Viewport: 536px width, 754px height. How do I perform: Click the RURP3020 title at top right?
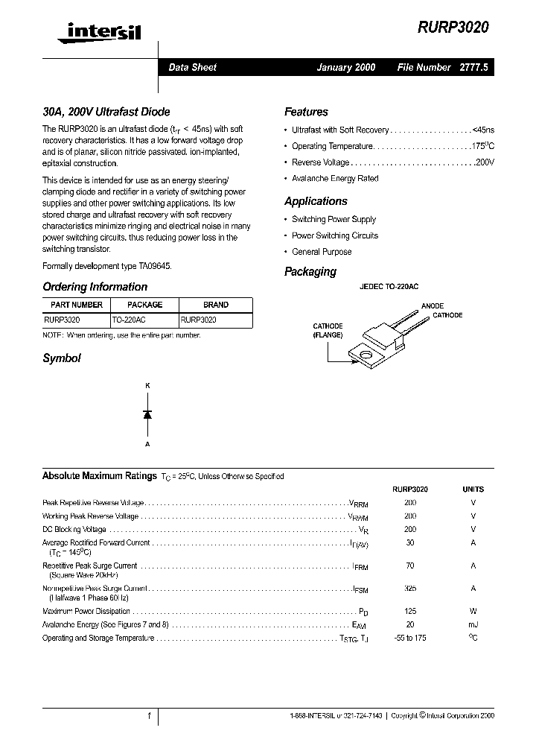point(454,27)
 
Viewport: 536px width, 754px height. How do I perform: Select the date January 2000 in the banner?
point(346,67)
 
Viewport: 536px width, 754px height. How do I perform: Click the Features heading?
point(306,112)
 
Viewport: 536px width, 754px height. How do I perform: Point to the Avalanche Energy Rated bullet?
point(335,179)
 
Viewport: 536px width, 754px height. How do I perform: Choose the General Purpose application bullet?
point(322,252)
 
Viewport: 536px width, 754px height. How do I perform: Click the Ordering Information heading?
point(95,287)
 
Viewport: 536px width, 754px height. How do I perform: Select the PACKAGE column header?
point(144,305)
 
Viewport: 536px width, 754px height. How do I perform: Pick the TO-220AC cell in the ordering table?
point(129,319)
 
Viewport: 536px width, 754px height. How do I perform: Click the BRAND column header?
point(216,305)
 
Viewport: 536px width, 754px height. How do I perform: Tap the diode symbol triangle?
point(147,414)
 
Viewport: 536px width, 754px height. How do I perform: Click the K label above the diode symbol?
point(147,385)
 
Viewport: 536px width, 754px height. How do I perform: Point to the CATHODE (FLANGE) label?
point(328,331)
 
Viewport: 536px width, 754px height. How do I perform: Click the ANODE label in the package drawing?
point(433,306)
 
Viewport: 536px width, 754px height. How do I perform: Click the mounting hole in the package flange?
point(366,355)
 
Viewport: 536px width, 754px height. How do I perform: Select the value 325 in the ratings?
point(410,588)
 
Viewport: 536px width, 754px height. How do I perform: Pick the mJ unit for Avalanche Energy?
point(473,624)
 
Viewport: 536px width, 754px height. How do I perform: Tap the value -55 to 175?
point(410,639)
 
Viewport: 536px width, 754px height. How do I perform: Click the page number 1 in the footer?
point(149,716)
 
